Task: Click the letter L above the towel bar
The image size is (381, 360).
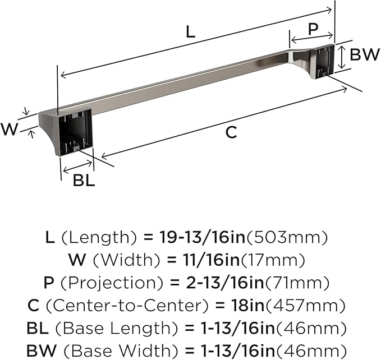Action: pos(191,32)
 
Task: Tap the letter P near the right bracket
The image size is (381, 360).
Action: pos(313,29)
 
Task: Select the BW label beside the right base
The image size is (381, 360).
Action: pos(365,54)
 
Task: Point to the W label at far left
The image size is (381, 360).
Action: pos(9,129)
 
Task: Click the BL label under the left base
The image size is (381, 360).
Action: pos(84,181)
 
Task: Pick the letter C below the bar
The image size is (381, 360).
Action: pos(231,132)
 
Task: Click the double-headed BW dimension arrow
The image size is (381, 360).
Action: pos(342,57)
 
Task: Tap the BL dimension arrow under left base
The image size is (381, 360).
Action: pos(77,167)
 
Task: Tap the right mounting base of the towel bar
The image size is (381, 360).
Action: pos(323,61)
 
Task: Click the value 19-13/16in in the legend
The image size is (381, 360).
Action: pos(202,237)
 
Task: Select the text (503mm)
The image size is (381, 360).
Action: pos(287,237)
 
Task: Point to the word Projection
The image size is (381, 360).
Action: pos(111,283)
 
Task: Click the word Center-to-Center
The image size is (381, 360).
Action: pos(127,306)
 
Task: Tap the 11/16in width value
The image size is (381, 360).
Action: pos(211,260)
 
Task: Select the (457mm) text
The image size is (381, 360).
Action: pos(305,306)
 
